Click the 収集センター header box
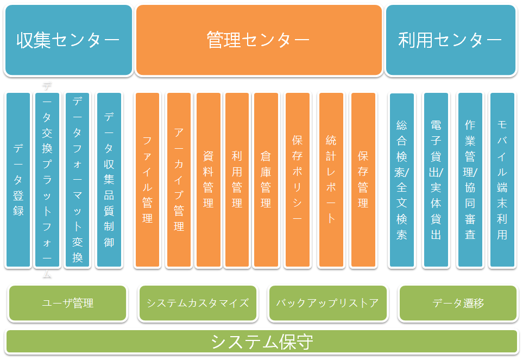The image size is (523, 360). (68, 40)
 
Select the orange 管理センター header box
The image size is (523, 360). (259, 40)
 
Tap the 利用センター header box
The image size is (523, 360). (450, 40)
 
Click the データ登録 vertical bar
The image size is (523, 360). (18, 180)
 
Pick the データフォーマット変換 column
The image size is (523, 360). (77, 180)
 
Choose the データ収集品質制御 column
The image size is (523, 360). (109, 180)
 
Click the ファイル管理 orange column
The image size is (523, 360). (147, 180)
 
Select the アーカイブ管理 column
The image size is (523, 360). (179, 180)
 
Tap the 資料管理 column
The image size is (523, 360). (208, 180)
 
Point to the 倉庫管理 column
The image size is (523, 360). (266, 180)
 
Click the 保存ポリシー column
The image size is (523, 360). (297, 180)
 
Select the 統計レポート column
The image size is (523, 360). (331, 180)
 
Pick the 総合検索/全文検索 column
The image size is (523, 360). (401, 180)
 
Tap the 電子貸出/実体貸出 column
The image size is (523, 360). (436, 180)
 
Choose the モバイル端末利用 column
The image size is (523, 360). (502, 180)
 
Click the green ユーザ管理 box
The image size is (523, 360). (68, 303)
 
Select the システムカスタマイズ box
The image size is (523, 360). (198, 303)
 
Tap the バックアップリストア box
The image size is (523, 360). (327, 303)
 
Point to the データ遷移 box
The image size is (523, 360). (458, 303)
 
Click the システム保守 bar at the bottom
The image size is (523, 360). (261, 342)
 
